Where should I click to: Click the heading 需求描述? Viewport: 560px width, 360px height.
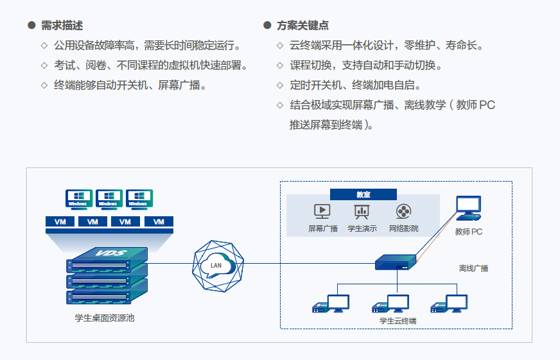pos(62,25)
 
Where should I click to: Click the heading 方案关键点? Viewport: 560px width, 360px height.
pos(302,25)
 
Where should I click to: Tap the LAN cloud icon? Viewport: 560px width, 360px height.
pos(218,266)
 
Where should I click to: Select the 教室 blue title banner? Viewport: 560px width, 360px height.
pos(363,194)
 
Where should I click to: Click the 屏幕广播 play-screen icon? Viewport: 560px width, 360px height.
pos(322,211)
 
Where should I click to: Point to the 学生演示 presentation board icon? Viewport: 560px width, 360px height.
pos(362,211)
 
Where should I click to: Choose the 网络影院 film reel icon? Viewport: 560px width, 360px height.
pos(403,211)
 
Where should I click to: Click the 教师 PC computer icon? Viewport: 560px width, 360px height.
pos(469,208)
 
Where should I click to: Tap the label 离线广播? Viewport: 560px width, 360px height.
pos(473,268)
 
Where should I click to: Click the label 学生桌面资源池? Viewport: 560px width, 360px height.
pos(104,318)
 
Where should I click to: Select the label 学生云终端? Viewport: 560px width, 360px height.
pos(398,321)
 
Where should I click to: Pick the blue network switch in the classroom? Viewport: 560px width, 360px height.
pos(396,262)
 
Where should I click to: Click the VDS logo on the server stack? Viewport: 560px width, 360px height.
pos(112,253)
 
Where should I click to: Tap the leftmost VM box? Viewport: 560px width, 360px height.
pos(60,221)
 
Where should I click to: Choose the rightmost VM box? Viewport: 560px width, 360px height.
pos(159,221)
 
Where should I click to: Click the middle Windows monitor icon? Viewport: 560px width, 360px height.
pos(109,199)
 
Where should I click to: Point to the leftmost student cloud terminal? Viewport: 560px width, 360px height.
pos(331,304)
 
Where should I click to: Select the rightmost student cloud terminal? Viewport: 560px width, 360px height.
pos(449,304)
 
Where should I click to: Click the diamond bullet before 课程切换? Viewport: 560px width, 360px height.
pos(280,65)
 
